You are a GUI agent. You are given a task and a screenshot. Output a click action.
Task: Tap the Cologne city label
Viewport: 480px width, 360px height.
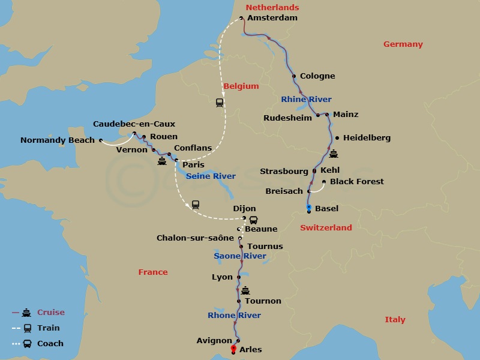click(x=317, y=76)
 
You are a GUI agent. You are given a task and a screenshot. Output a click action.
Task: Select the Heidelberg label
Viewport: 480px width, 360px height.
click(x=367, y=137)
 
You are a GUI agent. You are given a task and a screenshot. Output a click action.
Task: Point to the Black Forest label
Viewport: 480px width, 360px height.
click(x=357, y=181)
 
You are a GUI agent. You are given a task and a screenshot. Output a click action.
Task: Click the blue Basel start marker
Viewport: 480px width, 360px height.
click(x=308, y=207)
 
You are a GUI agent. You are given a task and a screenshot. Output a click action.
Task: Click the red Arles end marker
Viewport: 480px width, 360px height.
click(x=233, y=348)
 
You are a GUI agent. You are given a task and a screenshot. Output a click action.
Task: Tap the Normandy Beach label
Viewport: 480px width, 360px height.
click(x=58, y=140)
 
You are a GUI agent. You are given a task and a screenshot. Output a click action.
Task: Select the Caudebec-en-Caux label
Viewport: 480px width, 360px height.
click(x=134, y=124)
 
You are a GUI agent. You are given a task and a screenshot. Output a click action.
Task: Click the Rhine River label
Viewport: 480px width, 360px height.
click(x=306, y=99)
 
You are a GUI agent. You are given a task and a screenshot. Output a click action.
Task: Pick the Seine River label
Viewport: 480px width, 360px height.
click(x=211, y=176)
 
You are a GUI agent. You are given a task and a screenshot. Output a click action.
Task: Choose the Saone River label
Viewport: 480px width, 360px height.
click(x=240, y=256)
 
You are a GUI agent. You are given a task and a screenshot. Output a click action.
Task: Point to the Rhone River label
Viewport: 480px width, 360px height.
click(x=234, y=315)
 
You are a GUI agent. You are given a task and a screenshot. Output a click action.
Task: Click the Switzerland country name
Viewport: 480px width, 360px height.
click(x=326, y=227)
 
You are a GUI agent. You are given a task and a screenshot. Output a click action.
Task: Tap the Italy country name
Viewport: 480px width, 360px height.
click(x=395, y=320)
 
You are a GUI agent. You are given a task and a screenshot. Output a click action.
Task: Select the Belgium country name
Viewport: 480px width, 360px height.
click(x=241, y=86)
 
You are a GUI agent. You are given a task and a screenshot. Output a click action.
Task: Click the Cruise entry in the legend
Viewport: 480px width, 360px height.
click(x=50, y=312)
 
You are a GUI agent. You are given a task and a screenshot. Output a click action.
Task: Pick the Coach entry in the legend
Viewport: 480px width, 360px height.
click(x=50, y=344)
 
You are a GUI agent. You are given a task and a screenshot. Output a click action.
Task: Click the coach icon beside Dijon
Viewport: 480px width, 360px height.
click(x=254, y=220)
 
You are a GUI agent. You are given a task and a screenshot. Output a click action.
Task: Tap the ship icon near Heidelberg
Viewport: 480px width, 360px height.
click(x=334, y=154)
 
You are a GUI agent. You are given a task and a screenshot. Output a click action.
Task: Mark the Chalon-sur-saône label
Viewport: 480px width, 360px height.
click(x=195, y=238)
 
